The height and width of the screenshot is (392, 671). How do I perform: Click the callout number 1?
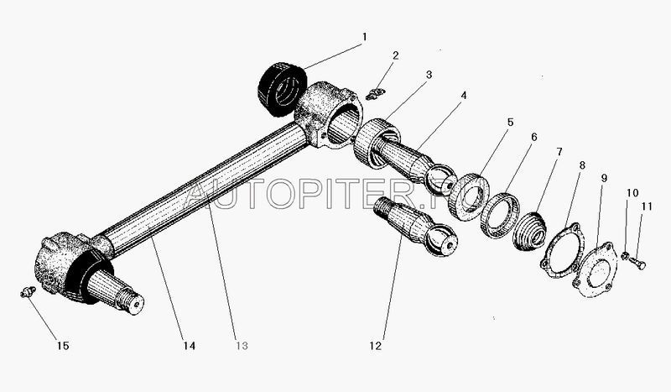pyautogui.click(x=364, y=37)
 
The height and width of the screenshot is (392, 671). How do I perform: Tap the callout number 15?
pyautogui.click(x=63, y=345)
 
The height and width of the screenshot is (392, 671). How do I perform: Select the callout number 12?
pyautogui.click(x=375, y=346)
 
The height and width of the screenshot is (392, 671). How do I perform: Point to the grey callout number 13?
pyautogui.click(x=242, y=345)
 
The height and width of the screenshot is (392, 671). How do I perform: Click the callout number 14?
pyautogui.click(x=190, y=345)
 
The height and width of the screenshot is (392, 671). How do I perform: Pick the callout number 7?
pyautogui.click(x=559, y=152)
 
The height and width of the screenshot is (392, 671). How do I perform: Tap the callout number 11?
pyautogui.click(x=647, y=206)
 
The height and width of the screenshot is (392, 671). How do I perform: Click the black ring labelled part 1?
pyautogui.click(x=283, y=89)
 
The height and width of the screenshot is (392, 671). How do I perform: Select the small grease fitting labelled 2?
pyautogui.click(x=376, y=93)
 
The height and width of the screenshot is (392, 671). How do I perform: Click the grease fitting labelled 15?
pyautogui.click(x=28, y=292)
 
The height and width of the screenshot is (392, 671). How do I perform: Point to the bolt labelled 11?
pyautogui.click(x=637, y=263)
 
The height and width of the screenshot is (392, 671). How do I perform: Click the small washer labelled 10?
pyautogui.click(x=625, y=256)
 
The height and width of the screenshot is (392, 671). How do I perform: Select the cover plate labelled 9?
pyautogui.click(x=596, y=270)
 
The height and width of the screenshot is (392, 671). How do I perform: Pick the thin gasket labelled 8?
pyautogui.click(x=561, y=251)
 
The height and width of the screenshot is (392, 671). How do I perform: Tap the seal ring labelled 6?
pyautogui.click(x=500, y=215)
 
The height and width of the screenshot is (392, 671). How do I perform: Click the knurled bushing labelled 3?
pyautogui.click(x=377, y=143)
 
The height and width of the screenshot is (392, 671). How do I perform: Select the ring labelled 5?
pyautogui.click(x=469, y=196)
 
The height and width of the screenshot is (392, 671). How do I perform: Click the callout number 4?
pyautogui.click(x=464, y=95)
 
